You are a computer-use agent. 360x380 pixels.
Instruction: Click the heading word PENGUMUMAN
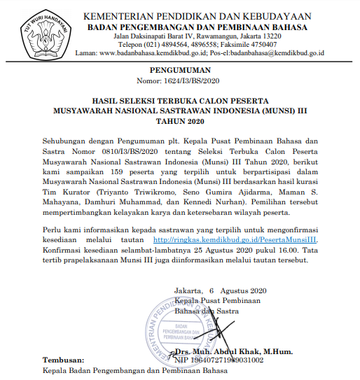tap(179, 71)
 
